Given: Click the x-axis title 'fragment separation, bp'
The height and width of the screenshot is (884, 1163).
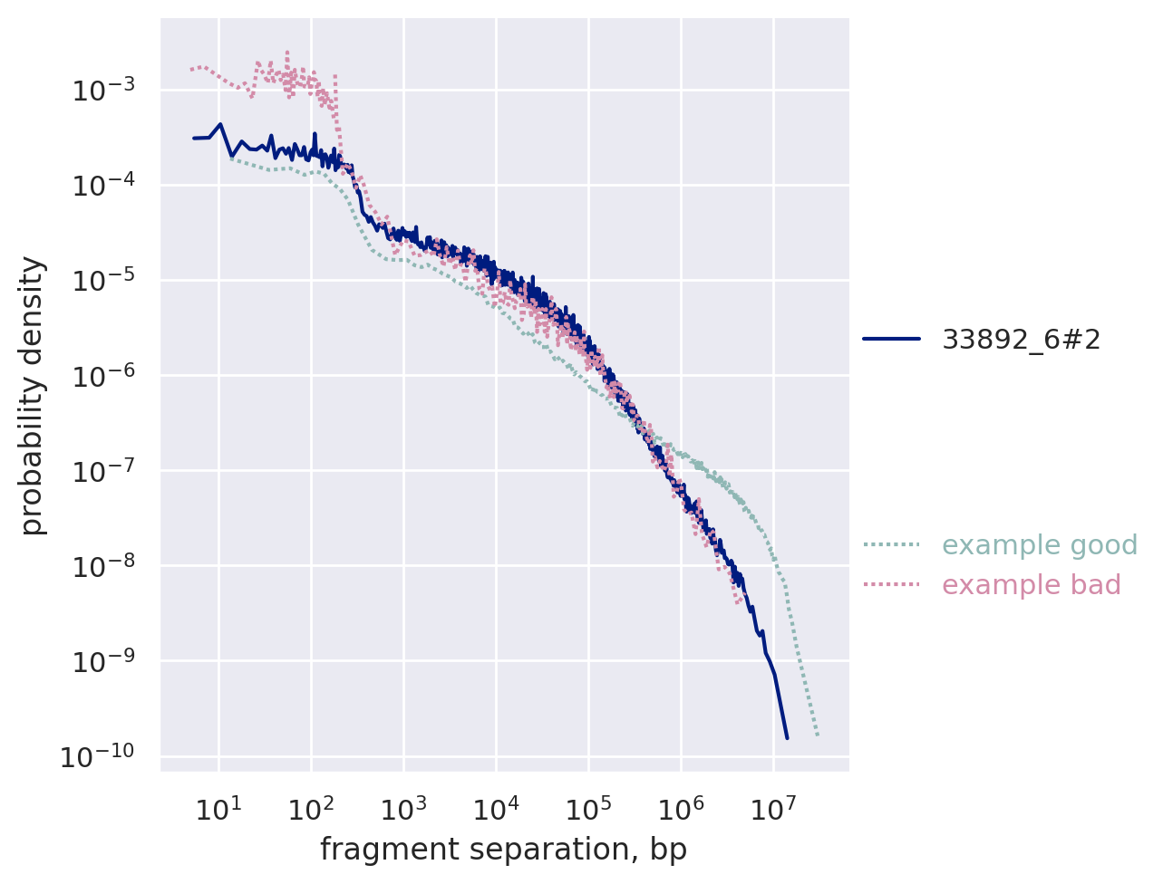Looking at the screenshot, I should (503, 850).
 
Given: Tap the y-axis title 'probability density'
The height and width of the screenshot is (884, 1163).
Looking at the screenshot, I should (33, 396).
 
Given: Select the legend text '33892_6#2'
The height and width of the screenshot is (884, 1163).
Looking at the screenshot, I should (1022, 340).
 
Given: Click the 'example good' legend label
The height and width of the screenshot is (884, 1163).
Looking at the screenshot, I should (1040, 545).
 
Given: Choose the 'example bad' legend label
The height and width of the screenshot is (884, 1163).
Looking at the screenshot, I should (1032, 585).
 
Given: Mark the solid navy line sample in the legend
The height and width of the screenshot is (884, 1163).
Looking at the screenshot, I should (892, 340).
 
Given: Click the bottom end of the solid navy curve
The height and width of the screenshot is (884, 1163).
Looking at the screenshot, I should (787, 738).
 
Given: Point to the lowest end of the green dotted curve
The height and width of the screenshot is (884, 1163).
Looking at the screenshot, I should (818, 735).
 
